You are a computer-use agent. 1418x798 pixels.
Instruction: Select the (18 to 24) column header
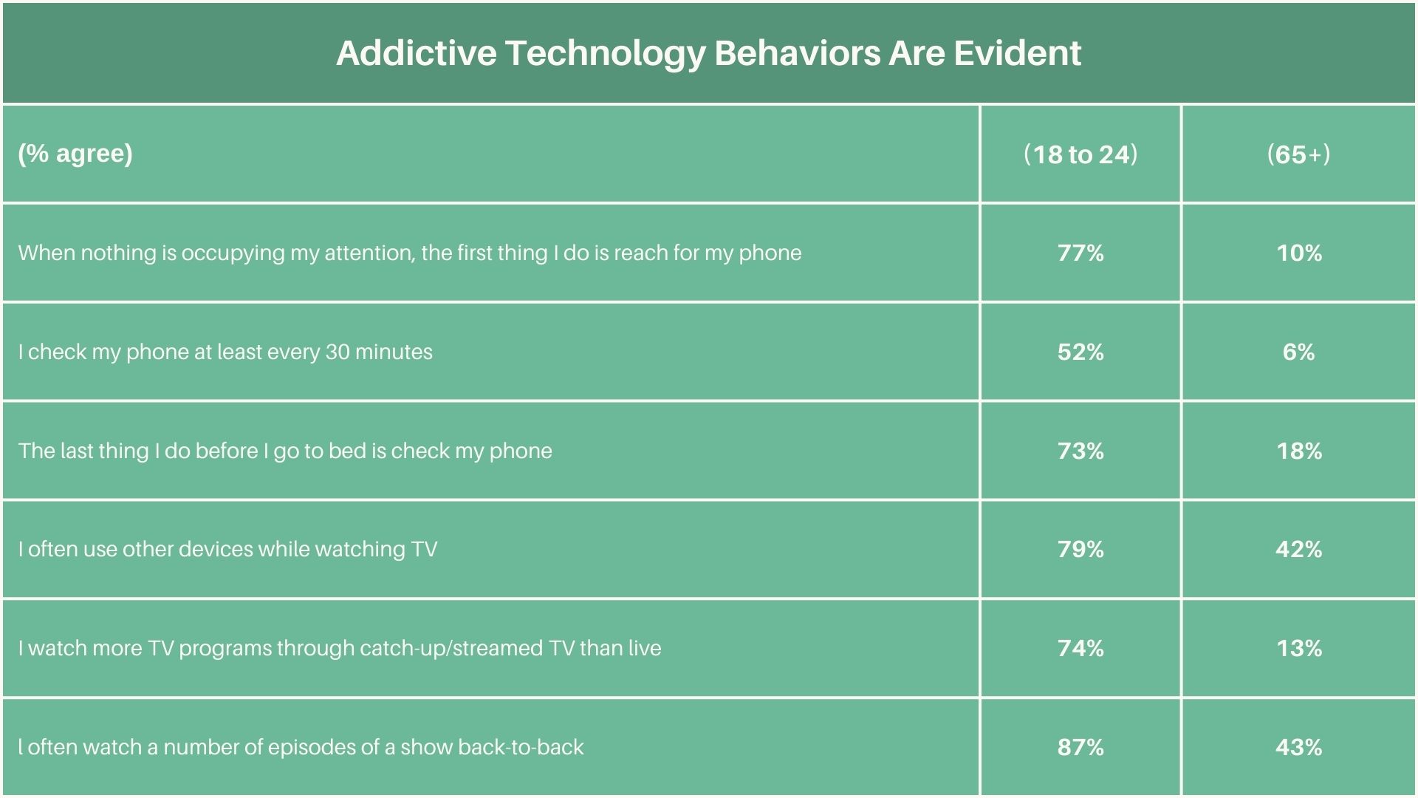pyautogui.click(x=1080, y=154)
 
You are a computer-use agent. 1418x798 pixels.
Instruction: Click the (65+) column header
pyautogui.click(x=1298, y=154)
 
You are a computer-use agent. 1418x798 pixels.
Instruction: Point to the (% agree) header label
pyautogui.click(x=75, y=153)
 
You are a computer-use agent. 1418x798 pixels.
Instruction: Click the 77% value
pyautogui.click(x=1080, y=253)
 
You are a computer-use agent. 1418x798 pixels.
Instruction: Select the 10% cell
pyautogui.click(x=1299, y=253)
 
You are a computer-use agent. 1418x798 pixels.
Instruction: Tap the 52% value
pyautogui.click(x=1080, y=352)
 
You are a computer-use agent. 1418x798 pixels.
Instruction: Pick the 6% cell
pyautogui.click(x=1299, y=352)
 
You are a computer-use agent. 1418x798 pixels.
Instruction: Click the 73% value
pyautogui.click(x=1080, y=451)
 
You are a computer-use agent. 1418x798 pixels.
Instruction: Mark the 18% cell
pyautogui.click(x=1299, y=451)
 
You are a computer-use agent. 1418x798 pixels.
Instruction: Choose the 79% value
pyautogui.click(x=1080, y=549)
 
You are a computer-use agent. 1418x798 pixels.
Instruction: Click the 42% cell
pyautogui.click(x=1299, y=549)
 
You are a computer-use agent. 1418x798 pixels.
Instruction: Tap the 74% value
pyautogui.click(x=1080, y=648)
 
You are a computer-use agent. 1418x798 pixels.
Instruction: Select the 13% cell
pyautogui.click(x=1299, y=648)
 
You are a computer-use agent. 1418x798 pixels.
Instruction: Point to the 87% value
pyautogui.click(x=1080, y=747)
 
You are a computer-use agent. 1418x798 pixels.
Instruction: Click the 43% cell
pyautogui.click(x=1299, y=747)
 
